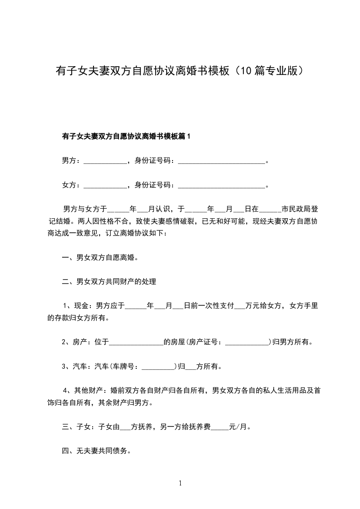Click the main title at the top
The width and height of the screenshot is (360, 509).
click(x=180, y=72)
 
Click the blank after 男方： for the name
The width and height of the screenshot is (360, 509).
click(x=105, y=161)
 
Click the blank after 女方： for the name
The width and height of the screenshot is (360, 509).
click(x=105, y=185)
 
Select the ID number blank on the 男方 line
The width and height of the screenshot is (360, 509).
click(x=221, y=161)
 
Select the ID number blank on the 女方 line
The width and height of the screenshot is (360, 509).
click(x=221, y=185)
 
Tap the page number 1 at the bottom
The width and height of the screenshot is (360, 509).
click(x=180, y=484)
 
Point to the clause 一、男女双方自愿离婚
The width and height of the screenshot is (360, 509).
click(x=99, y=258)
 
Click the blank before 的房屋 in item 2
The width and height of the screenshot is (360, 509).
click(x=136, y=342)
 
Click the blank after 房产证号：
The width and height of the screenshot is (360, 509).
click(x=247, y=342)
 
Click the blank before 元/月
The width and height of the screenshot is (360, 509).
click(x=220, y=427)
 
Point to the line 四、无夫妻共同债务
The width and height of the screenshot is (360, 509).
click(x=96, y=451)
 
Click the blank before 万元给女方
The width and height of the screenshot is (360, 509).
click(x=239, y=306)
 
